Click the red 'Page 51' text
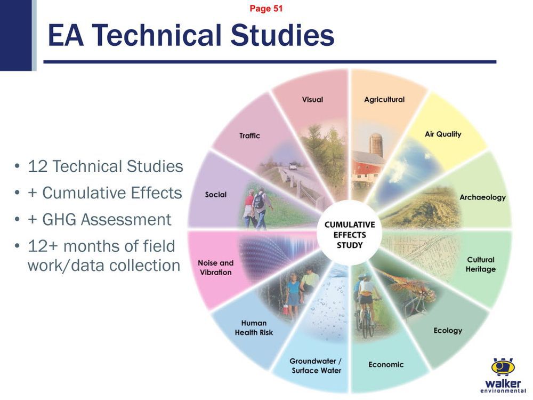(266, 8)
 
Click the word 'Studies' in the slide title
(282, 35)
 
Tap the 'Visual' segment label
(312, 100)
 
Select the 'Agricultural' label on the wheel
(384, 100)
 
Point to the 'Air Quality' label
(443, 134)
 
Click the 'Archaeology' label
(482, 197)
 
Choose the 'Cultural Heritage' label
(481, 265)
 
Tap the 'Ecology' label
(448, 330)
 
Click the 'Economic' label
(386, 365)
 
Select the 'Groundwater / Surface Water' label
(316, 366)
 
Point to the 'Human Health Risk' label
(254, 327)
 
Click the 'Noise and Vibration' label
(215, 267)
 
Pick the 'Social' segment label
(215, 195)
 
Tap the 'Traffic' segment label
(249, 135)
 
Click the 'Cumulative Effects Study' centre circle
(350, 235)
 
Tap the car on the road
(293, 166)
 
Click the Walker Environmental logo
(503, 375)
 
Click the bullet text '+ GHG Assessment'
(99, 219)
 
